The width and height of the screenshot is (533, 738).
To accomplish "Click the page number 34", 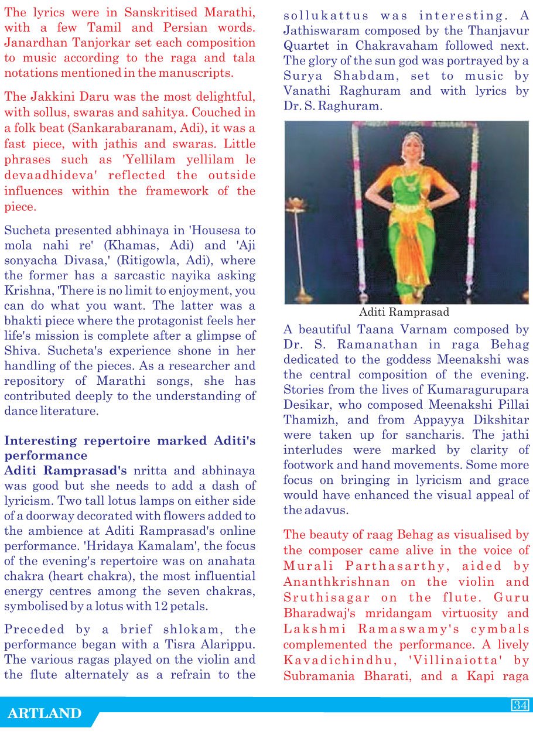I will [520, 705].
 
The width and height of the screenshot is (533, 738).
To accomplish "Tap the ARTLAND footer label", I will [45, 713].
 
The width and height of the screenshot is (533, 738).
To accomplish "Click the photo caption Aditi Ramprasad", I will [404, 312].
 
